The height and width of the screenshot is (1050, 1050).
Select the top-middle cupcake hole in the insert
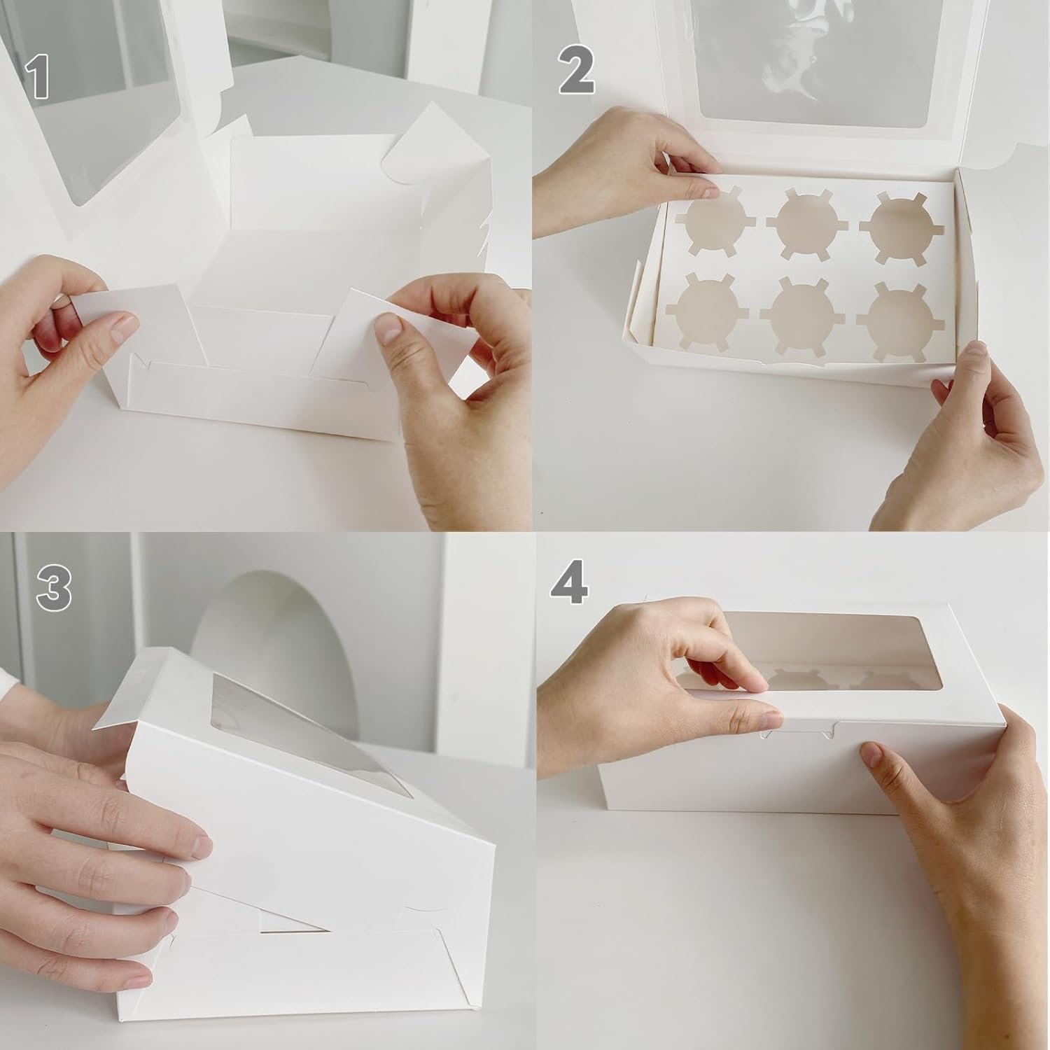[803, 222]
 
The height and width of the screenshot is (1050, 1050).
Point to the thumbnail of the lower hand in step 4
[870, 757]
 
